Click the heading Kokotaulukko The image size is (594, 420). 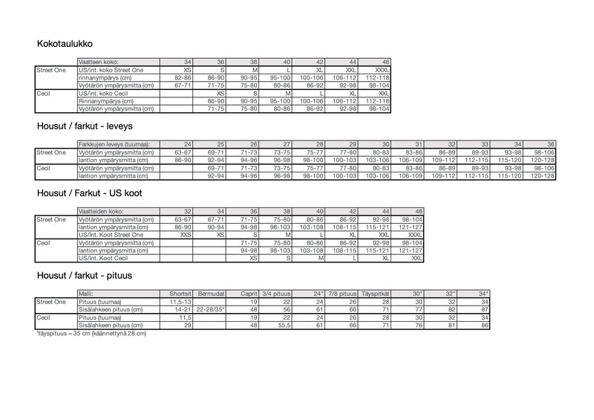(x=65, y=45)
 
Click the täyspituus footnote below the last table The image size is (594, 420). (x=91, y=334)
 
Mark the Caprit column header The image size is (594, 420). (x=249, y=294)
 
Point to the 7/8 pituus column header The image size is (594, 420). (x=342, y=294)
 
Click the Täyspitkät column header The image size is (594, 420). (x=376, y=294)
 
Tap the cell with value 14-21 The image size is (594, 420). (x=183, y=310)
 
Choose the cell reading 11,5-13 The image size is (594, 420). (x=180, y=302)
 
